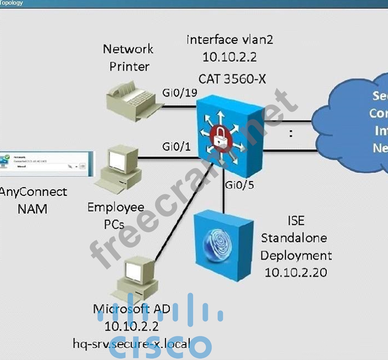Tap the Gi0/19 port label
coord(179,93)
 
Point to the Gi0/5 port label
coord(239,185)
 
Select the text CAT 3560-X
coord(232,78)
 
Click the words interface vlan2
coord(230,39)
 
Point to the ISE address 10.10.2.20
coord(296,272)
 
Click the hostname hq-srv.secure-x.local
coord(132,344)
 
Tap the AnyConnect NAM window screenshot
coord(46,164)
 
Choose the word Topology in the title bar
coord(12,3)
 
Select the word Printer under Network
coord(129,67)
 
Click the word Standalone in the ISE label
coord(294,238)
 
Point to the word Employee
coord(116,208)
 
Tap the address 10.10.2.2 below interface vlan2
coord(229,57)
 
